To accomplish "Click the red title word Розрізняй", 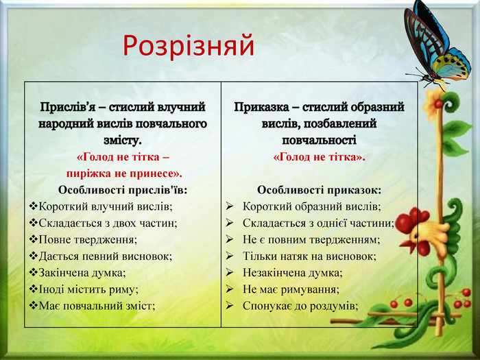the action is coord(189,46).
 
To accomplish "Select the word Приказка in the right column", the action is coord(261,107).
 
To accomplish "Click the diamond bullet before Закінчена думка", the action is coord(33,272).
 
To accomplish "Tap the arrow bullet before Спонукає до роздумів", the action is coord(230,305).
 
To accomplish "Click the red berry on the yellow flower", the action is coord(438,104).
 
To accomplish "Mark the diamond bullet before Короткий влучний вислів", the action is coord(33,206).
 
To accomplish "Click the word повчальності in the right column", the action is coord(319,141).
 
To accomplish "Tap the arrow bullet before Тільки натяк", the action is coord(230,256).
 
